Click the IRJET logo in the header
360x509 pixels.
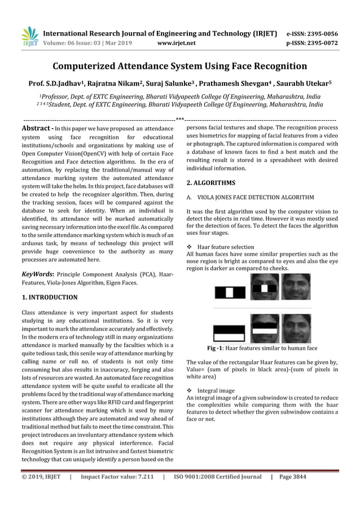point(29,36)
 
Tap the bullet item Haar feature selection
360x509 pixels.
point(225,247)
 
